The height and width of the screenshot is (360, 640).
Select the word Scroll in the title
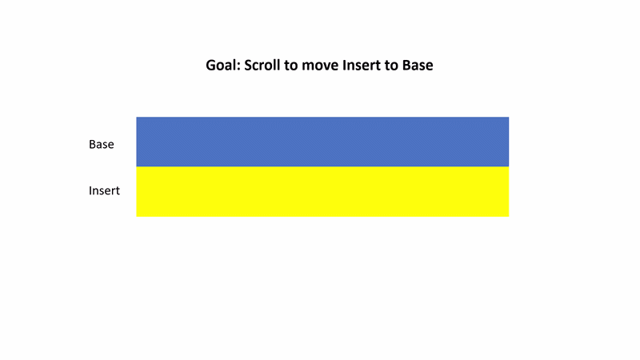click(262, 66)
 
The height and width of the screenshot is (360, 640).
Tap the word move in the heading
click(320, 66)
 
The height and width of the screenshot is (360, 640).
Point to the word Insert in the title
click(362, 66)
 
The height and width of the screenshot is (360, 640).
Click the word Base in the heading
click(418, 66)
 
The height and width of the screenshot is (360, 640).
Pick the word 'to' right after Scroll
click(291, 66)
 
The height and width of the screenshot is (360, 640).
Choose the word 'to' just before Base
click(392, 66)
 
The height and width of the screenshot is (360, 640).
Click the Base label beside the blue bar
click(102, 145)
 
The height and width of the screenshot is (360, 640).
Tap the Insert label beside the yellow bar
click(104, 190)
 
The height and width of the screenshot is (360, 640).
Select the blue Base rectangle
click(322, 142)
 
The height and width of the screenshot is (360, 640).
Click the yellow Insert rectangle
click(322, 191)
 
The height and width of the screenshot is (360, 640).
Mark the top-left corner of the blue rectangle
click(136, 117)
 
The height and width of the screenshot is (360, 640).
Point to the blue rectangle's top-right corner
click(509, 117)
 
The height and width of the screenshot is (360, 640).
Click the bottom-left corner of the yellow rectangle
click(136, 217)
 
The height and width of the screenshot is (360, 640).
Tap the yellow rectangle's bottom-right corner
click(509, 217)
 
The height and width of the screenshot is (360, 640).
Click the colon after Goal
click(238, 66)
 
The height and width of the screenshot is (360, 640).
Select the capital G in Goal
click(210, 66)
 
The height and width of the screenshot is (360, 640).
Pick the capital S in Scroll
click(248, 66)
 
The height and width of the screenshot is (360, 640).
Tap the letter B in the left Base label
click(92, 145)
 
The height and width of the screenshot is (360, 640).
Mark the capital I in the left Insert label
click(90, 190)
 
